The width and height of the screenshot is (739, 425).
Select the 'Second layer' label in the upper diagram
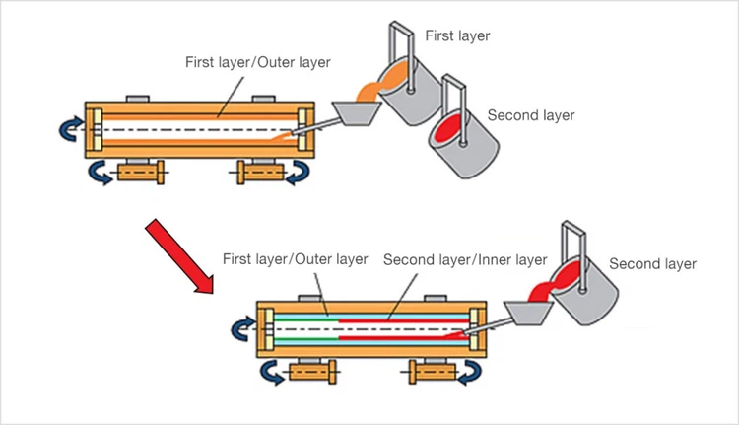click(531, 115)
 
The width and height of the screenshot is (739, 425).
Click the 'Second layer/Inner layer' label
click(465, 260)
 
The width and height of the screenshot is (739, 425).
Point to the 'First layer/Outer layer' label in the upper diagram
click(258, 62)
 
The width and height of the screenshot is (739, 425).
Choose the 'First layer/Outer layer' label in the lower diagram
click(296, 260)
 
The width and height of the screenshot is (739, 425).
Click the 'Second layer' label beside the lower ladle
click(652, 263)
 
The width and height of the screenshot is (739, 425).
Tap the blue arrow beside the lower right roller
click(471, 373)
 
